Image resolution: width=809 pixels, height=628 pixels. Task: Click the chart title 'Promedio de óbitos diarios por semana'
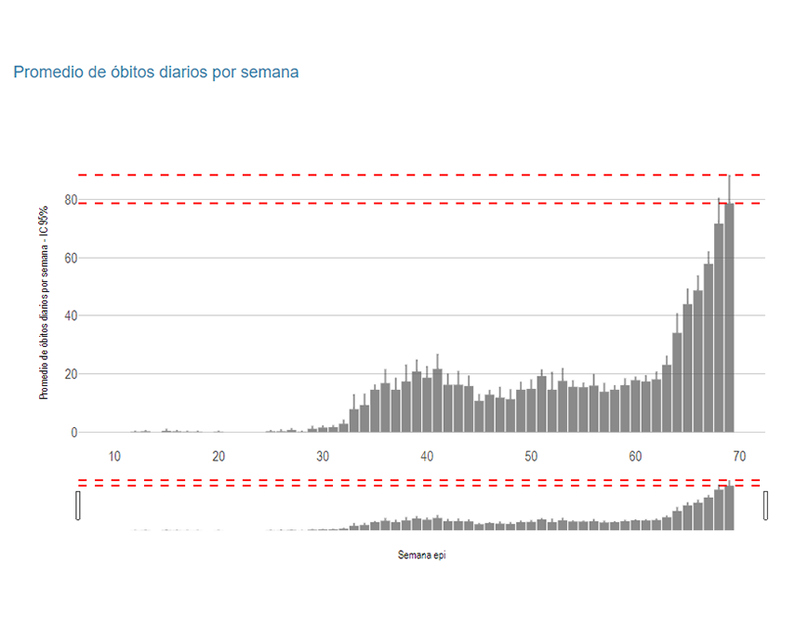[x=156, y=72]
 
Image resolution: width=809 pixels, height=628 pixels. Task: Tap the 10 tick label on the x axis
[x=114, y=456]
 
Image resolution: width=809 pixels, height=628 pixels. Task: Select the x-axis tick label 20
[x=219, y=456]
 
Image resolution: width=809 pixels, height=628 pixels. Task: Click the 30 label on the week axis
[x=323, y=456]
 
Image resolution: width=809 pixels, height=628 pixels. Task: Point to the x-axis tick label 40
[x=427, y=456]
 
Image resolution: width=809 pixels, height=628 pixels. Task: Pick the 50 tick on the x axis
[x=531, y=456]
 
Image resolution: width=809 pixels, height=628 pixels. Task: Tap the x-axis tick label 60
[x=635, y=456]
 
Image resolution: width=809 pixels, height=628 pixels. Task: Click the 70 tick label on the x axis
[x=739, y=456]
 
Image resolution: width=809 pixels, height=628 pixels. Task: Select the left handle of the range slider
[x=78, y=505]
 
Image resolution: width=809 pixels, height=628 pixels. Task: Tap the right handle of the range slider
[x=766, y=505]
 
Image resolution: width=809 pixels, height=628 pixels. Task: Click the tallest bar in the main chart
[x=729, y=316]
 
